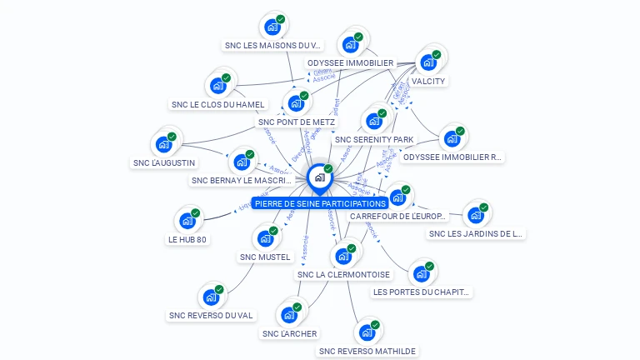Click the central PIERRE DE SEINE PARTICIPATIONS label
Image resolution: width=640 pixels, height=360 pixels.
click(320, 203)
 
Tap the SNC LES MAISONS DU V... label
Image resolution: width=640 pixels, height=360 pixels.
click(272, 45)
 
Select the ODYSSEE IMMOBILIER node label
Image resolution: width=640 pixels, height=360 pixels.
click(350, 62)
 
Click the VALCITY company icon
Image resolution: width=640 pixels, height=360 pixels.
click(428, 62)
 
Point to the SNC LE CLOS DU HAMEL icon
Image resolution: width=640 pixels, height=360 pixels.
click(218, 86)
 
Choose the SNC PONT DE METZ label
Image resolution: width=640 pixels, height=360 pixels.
click(297, 122)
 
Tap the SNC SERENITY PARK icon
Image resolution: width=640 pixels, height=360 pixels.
click(374, 119)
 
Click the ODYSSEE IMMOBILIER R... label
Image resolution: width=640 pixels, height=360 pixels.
click(452, 157)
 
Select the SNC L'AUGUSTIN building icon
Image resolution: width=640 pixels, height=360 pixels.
click(164, 143)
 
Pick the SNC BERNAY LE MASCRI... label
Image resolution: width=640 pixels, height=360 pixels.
click(242, 180)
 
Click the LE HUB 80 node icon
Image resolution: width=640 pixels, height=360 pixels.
click(187, 221)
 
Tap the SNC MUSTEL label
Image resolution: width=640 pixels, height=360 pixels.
click(265, 257)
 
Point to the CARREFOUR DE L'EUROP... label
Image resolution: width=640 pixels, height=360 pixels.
click(398, 216)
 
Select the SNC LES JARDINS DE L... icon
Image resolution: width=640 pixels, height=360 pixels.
click(476, 215)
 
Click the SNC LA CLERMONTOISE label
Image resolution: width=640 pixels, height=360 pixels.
click(343, 274)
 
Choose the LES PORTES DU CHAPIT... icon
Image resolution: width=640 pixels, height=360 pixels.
click(422, 273)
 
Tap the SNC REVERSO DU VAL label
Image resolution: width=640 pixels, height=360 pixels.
click(211, 315)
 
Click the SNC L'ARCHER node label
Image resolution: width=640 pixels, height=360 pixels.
click(289, 334)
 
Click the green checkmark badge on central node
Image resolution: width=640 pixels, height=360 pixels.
click(328, 169)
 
